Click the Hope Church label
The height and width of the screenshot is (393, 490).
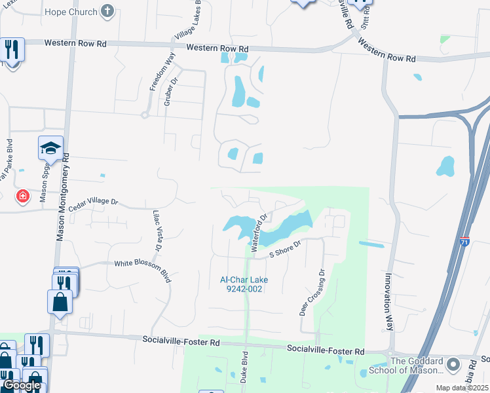pyautogui.click(x=71, y=12)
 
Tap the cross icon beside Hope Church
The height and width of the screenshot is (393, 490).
pyautogui.click(x=108, y=11)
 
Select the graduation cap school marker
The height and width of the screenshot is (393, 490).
pyautogui.click(x=50, y=149)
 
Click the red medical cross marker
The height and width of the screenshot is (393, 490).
pyautogui.click(x=23, y=196)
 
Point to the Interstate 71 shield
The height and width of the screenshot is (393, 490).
pyautogui.click(x=464, y=242)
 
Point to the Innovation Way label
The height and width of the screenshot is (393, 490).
pyautogui.click(x=388, y=301)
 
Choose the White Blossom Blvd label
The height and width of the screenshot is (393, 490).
pyautogui.click(x=142, y=263)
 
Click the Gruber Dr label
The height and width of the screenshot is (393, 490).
pyautogui.click(x=174, y=91)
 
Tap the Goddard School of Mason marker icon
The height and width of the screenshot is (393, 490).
pyautogui.click(x=453, y=363)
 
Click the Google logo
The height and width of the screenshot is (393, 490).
pyautogui.click(x=21, y=385)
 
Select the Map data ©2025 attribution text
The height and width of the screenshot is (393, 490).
pyautogui.click(x=461, y=388)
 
